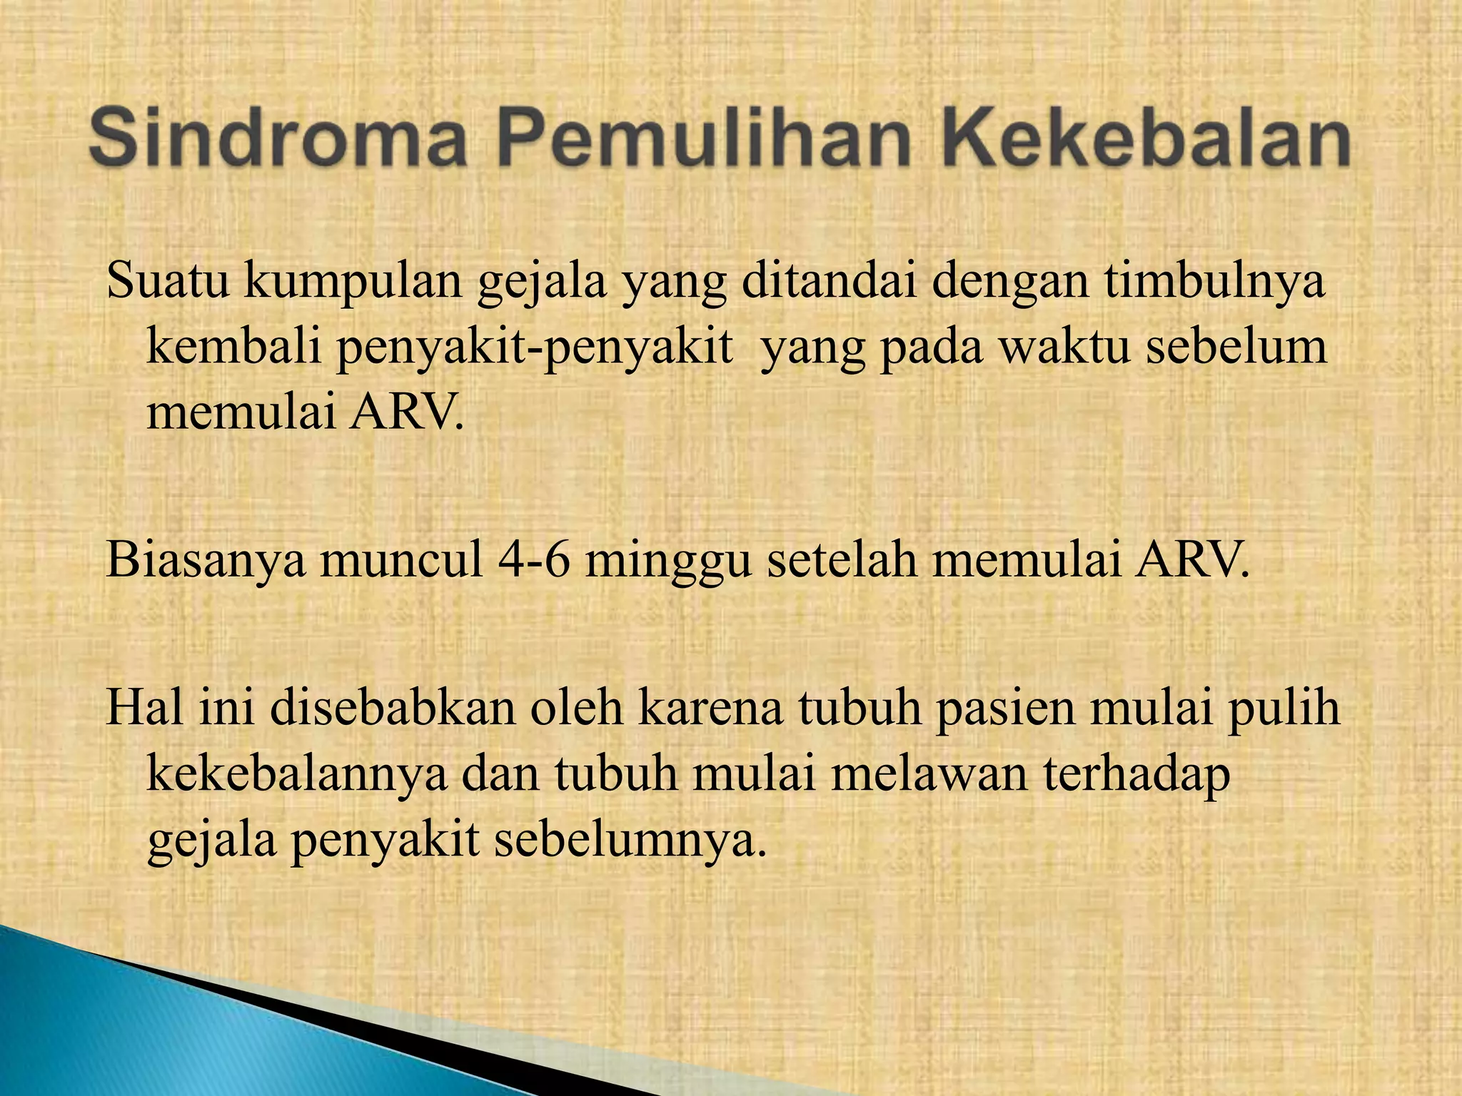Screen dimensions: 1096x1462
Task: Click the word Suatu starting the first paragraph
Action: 168,281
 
